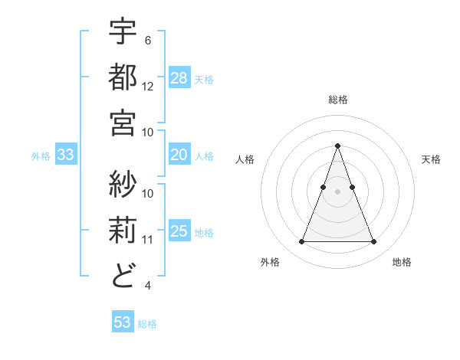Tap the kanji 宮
[123, 122]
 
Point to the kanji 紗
[123, 184]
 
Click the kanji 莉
[123, 229]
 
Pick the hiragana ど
[123, 275]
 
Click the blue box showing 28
[179, 78]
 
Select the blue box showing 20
[179, 155]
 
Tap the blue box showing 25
[179, 232]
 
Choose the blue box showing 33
[65, 155]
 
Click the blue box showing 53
[122, 322]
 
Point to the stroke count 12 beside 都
[148, 87]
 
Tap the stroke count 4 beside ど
[148, 286]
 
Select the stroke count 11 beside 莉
[148, 240]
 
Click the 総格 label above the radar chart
[337, 100]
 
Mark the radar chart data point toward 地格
[373, 242]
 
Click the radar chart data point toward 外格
[301, 242]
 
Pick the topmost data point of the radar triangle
[337, 146]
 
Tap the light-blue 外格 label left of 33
[41, 156]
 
